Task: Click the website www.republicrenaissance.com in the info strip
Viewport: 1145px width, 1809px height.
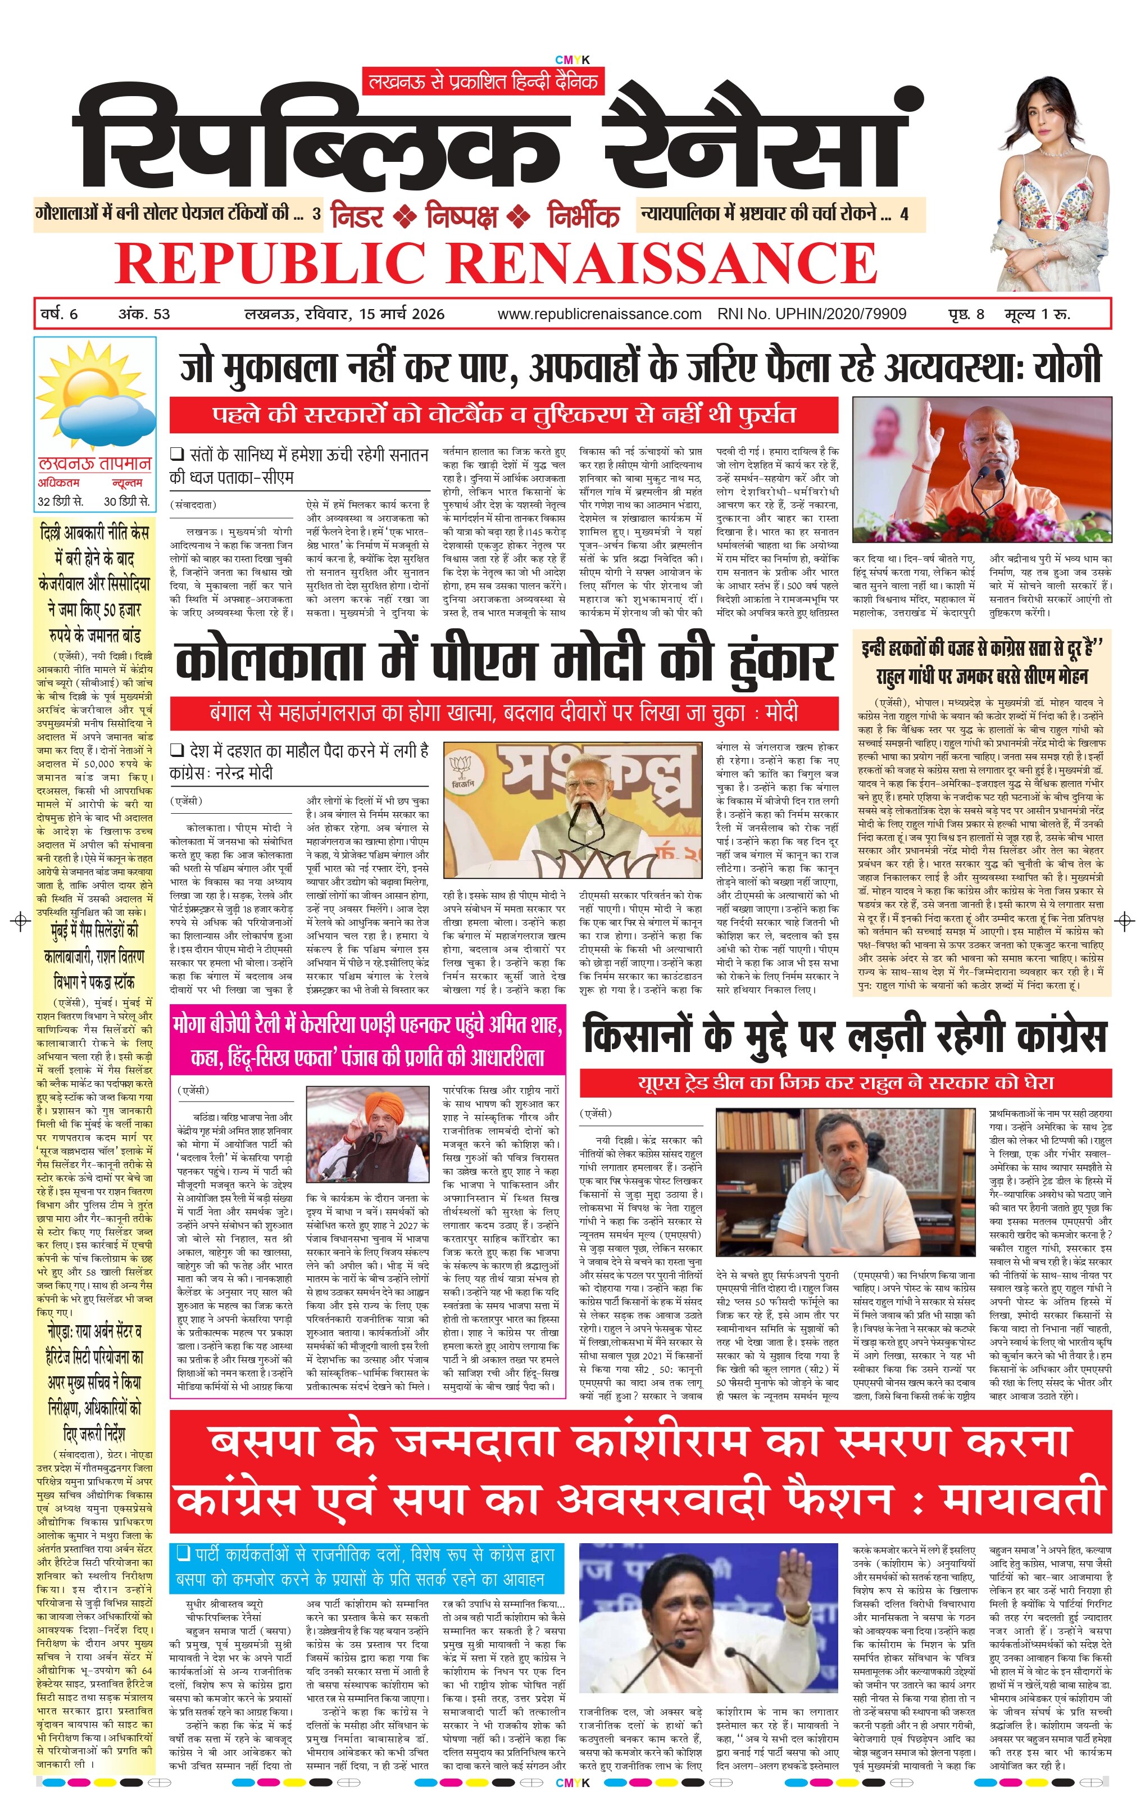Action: [599, 314]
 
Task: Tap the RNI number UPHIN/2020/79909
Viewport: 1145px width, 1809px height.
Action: [812, 314]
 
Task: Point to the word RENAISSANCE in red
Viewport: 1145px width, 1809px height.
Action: [665, 262]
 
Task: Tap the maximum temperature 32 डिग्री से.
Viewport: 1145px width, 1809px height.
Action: [61, 501]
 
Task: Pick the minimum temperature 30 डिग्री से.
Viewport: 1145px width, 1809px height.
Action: [127, 501]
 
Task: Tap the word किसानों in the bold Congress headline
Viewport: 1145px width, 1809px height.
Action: [638, 1035]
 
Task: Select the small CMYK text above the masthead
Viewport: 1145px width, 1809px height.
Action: [572, 61]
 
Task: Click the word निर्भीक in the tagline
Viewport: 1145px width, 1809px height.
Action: [583, 216]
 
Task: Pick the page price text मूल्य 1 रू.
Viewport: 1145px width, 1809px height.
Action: [1038, 314]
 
